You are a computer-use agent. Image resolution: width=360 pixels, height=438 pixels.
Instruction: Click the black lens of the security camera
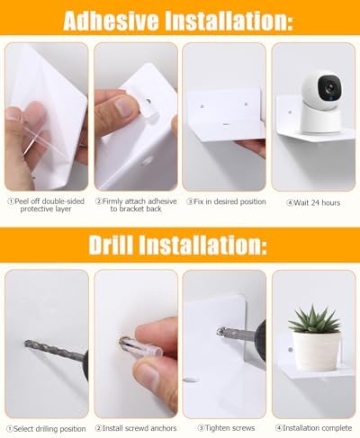coord(330,87)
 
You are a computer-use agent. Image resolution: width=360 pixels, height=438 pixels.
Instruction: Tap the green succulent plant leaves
coord(314,319)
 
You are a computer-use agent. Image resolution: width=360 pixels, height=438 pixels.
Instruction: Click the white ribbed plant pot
coord(316,351)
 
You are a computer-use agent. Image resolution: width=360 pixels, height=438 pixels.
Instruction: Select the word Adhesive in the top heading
coord(111,21)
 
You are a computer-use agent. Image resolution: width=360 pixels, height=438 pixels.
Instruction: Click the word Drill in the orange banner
coord(111,245)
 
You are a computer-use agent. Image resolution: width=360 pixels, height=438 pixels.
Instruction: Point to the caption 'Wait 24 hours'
coord(314,203)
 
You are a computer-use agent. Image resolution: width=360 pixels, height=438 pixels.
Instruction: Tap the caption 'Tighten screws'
coord(227,428)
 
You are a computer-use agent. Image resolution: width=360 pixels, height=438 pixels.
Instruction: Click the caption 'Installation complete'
coord(314,428)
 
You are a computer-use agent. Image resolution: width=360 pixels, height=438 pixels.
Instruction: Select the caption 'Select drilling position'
coord(46,429)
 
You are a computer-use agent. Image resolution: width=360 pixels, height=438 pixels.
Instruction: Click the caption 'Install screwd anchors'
coord(136,428)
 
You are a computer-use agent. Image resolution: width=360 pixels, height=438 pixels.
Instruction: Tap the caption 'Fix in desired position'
coord(226,201)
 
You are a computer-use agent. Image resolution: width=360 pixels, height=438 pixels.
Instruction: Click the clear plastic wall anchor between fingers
coord(140,347)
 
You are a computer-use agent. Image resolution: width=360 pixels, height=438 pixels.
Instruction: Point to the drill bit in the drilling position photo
coord(54,350)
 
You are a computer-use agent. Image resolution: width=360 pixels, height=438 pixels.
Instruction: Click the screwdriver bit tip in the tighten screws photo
coord(220,332)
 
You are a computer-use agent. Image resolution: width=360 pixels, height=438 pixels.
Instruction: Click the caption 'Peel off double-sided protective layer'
coord(46,205)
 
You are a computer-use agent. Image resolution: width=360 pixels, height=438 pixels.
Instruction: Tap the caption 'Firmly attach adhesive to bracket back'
coord(136,205)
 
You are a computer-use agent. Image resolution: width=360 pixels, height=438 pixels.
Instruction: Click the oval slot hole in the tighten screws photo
coord(191,380)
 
